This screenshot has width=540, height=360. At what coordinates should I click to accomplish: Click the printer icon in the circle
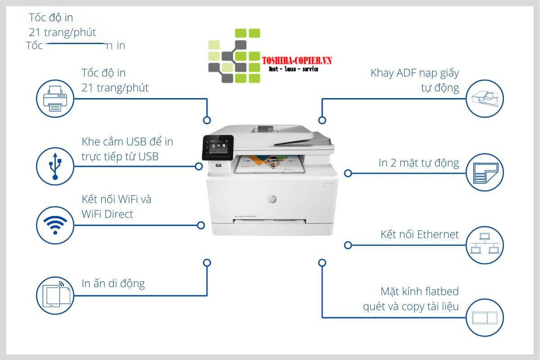tap(55, 99)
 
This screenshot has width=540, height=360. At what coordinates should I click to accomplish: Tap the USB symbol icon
tap(55, 166)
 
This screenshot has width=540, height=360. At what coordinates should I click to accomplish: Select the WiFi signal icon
tap(55, 225)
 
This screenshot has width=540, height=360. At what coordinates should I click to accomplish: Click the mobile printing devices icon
tap(55, 295)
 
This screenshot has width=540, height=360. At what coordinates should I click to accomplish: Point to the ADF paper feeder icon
tap(485, 99)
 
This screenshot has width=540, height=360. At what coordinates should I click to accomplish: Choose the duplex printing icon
tap(485, 173)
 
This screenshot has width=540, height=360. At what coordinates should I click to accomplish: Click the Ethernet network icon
tap(485, 244)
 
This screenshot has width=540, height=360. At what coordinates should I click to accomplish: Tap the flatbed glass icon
tap(485, 317)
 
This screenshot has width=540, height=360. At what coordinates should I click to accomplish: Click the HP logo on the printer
tap(272, 199)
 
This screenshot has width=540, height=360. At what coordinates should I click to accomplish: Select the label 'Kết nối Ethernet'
tap(419, 234)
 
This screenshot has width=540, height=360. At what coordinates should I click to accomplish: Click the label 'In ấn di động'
tap(113, 283)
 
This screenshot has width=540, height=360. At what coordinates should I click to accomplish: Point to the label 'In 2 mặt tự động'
tap(418, 163)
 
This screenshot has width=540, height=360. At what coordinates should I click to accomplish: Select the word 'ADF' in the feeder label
tap(406, 73)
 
